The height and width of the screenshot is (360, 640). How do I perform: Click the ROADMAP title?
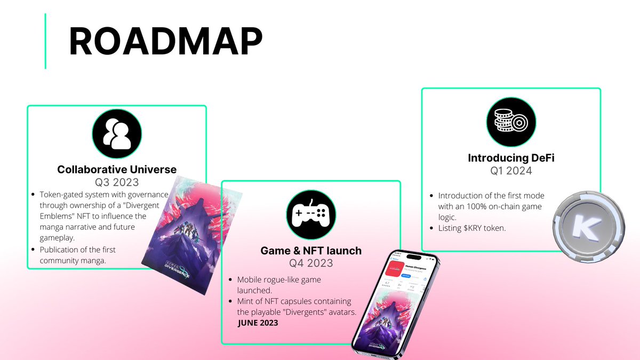coord(165,42)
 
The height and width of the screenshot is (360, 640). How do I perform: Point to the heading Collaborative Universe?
coord(117,170)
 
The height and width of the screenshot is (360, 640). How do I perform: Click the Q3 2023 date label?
coord(117,182)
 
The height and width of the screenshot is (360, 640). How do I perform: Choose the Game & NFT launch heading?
coord(311,250)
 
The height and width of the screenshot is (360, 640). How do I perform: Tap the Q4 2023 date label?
coord(311,263)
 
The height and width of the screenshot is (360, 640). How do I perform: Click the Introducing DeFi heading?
coord(511,158)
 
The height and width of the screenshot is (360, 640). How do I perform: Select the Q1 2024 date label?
coord(511,171)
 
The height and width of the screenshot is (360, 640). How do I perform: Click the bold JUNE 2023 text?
coord(258,323)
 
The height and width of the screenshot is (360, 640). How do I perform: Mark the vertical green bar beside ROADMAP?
coord(45,41)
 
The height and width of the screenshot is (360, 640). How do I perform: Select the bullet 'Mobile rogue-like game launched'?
coord(279,285)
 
